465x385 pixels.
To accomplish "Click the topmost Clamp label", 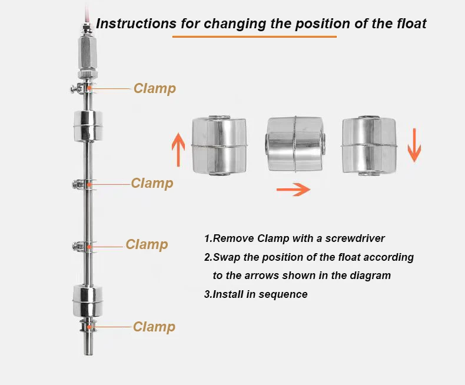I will pos(154,88).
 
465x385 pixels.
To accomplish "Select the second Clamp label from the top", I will pos(152,183).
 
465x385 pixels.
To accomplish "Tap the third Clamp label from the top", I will pos(147,244).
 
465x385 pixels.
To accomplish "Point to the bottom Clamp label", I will pos(154,327).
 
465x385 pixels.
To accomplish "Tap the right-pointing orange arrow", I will pos(293,190).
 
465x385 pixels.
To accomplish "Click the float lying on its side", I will pos(295,144).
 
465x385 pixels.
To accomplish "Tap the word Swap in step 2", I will pos(226,257).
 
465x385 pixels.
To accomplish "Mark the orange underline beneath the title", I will pos(254,37).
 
